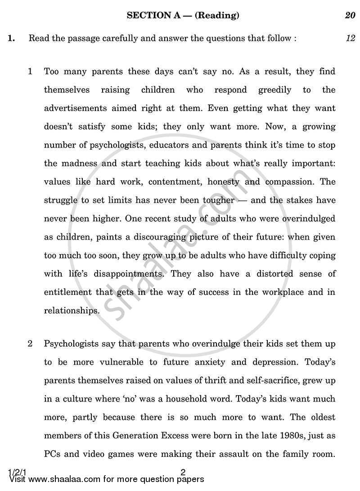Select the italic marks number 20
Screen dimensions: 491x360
(x=350, y=16)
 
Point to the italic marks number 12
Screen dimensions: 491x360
(x=350, y=38)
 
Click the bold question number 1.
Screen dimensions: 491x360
(x=11, y=38)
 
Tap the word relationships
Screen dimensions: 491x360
(x=71, y=310)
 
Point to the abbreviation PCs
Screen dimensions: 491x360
(x=53, y=454)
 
